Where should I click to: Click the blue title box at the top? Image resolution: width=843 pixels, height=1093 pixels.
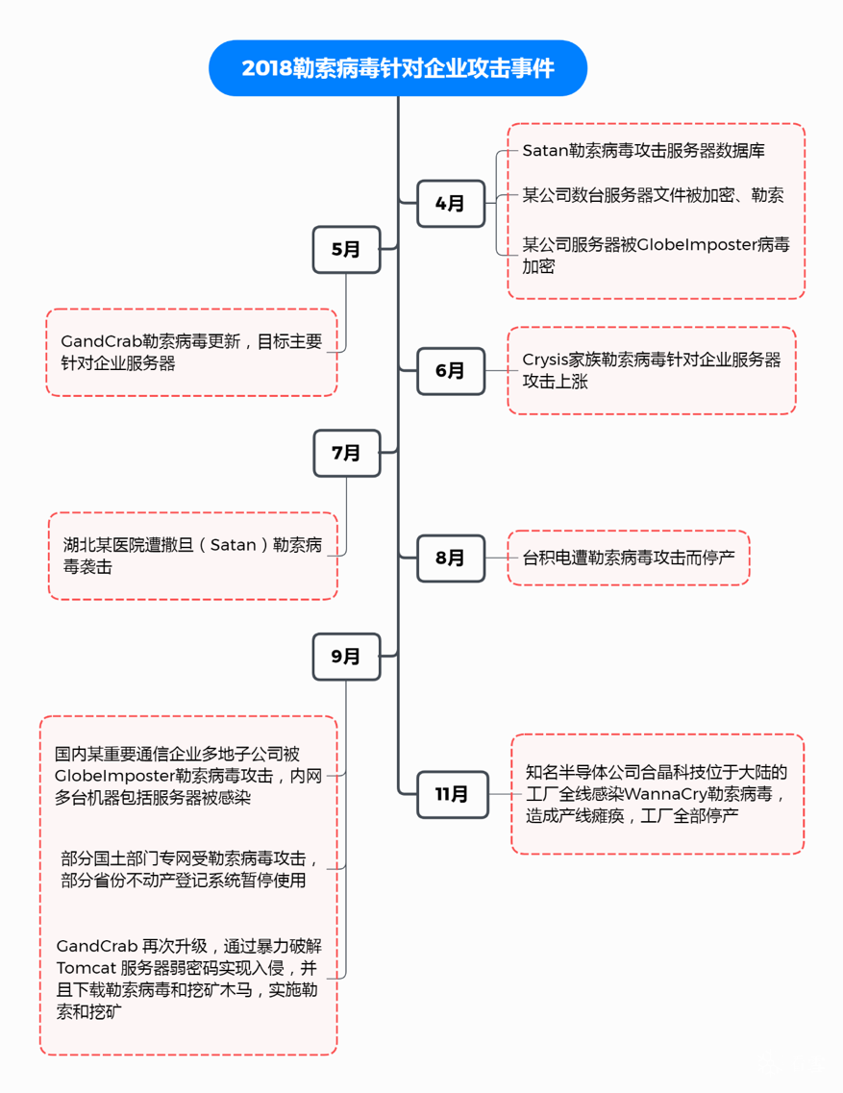tap(397, 68)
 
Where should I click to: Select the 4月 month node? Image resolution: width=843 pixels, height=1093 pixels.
tap(450, 204)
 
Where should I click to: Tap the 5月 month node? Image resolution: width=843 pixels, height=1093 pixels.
tap(346, 250)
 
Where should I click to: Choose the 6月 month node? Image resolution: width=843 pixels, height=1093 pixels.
tap(450, 371)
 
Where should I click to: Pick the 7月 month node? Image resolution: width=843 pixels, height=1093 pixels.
tap(346, 453)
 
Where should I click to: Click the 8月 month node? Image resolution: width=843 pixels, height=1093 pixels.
tap(450, 558)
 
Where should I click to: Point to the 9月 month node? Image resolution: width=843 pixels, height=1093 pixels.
tap(346, 657)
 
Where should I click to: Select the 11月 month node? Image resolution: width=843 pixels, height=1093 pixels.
tap(452, 794)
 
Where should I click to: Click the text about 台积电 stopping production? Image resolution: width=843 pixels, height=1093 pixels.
tap(628, 557)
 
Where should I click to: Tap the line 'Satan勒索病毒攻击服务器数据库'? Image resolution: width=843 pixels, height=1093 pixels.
tap(643, 151)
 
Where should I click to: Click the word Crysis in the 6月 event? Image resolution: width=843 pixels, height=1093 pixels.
tap(547, 360)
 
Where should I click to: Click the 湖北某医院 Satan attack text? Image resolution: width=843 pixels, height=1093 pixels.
tap(192, 556)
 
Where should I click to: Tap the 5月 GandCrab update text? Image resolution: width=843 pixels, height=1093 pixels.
tap(191, 352)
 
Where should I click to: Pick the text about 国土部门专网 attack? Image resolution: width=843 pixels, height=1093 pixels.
tap(189, 869)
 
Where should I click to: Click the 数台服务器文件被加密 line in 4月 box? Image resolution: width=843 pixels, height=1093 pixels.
tap(653, 195)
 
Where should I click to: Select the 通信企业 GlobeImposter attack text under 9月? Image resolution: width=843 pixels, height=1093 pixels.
tap(188, 776)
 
